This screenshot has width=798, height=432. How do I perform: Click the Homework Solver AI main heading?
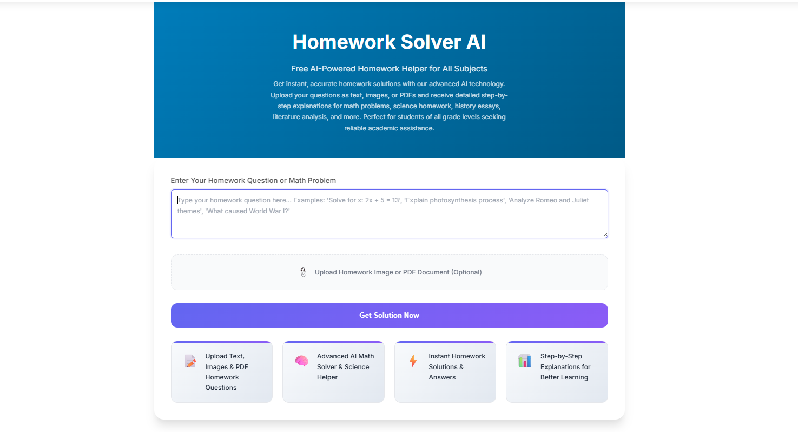[x=389, y=42]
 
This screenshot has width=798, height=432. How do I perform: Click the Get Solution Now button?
[x=389, y=315]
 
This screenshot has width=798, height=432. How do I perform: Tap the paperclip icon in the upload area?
[x=303, y=272]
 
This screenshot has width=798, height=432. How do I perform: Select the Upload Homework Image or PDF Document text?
[x=398, y=272]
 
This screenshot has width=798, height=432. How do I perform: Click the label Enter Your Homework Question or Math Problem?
[x=253, y=180]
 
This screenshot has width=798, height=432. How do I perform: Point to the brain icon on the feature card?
[x=301, y=361]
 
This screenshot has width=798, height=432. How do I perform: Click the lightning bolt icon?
[x=413, y=361]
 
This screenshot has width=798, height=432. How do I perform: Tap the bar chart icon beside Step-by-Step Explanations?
[x=524, y=361]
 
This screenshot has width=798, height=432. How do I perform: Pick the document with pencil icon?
[x=190, y=361]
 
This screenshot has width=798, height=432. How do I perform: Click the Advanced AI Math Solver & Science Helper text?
[x=345, y=366]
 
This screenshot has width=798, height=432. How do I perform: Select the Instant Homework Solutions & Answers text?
[x=457, y=366]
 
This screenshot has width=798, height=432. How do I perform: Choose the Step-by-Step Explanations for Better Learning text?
[x=565, y=366]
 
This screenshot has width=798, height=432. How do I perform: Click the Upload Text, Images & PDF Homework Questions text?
[x=226, y=372]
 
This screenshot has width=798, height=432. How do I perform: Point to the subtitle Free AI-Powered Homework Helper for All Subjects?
[x=389, y=69]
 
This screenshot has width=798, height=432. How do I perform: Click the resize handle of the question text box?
[x=605, y=235]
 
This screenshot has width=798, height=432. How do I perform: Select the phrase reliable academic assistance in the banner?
[x=389, y=128]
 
